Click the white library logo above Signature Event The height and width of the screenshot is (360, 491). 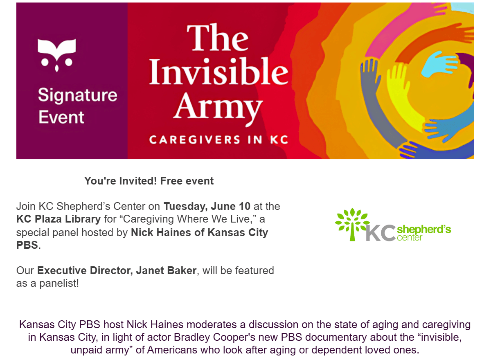[x=57, y=55]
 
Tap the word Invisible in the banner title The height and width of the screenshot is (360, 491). [x=218, y=71]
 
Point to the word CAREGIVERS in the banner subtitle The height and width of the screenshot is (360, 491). [x=195, y=140]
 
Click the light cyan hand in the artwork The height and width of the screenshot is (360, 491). [x=438, y=63]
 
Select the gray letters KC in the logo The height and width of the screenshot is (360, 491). [x=381, y=233]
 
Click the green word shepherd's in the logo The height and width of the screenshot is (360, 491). [x=424, y=229]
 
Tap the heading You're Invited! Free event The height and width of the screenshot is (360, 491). [x=149, y=181]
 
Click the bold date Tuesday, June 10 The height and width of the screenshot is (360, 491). [x=207, y=207]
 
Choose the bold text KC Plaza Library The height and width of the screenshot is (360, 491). [x=59, y=219]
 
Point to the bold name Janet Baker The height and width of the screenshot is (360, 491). [x=166, y=270]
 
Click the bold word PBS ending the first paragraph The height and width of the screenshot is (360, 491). [x=27, y=245]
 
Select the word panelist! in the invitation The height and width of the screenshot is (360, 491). [x=59, y=283]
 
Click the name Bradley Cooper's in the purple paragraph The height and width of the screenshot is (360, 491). [x=214, y=337]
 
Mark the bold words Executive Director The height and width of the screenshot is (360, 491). [x=85, y=270]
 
